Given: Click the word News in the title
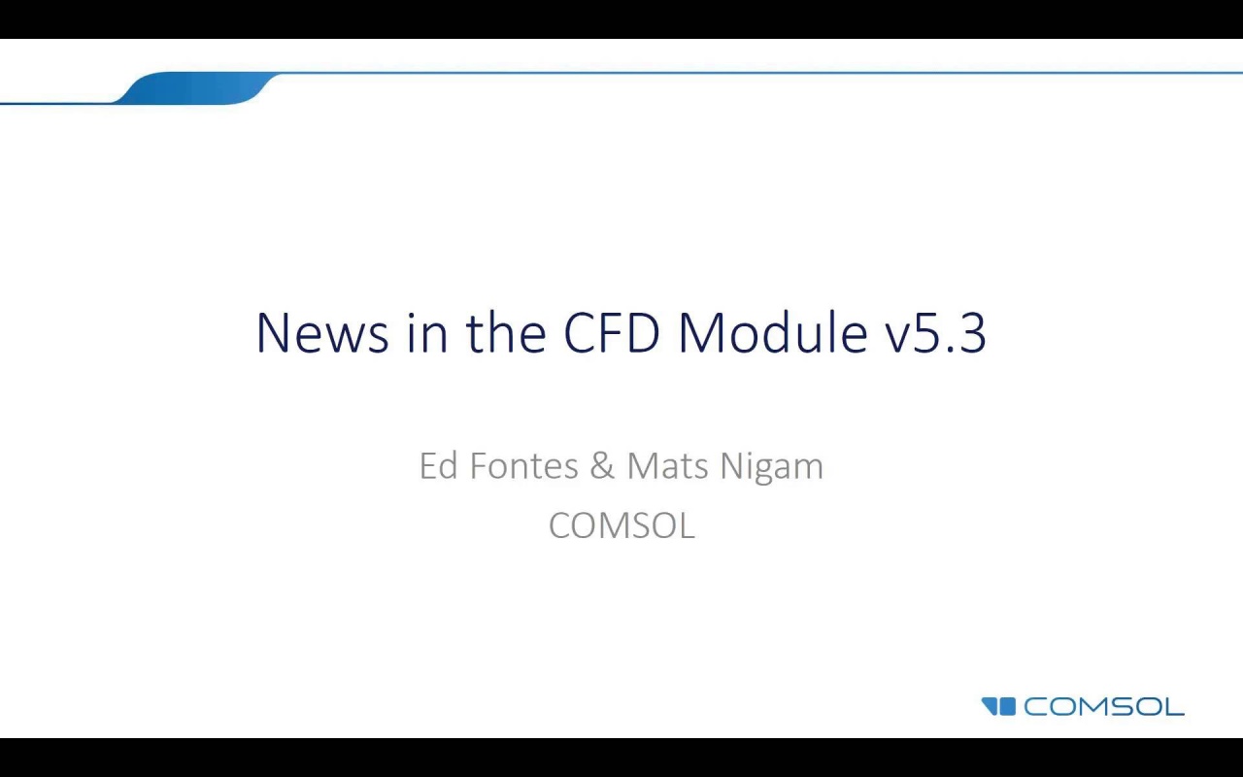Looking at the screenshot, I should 322,333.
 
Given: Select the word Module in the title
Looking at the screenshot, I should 772,333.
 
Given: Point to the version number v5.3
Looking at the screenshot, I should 935,333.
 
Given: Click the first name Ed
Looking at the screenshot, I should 438,466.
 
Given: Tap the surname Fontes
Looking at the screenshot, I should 523,466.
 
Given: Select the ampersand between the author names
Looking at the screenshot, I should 602,466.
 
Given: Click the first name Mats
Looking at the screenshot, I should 669,466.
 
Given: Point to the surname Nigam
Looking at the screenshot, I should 772,466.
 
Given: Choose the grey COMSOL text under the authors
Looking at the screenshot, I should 621,525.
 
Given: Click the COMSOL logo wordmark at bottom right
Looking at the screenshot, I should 1103,706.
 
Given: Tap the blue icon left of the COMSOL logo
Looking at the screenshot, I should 998,706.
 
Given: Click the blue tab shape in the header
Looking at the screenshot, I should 194,87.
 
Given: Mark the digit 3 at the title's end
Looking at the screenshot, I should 972,333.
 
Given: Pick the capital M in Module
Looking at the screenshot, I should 703,333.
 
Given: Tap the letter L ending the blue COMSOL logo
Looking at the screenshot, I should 1173,706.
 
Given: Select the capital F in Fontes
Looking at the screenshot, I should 478,466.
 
